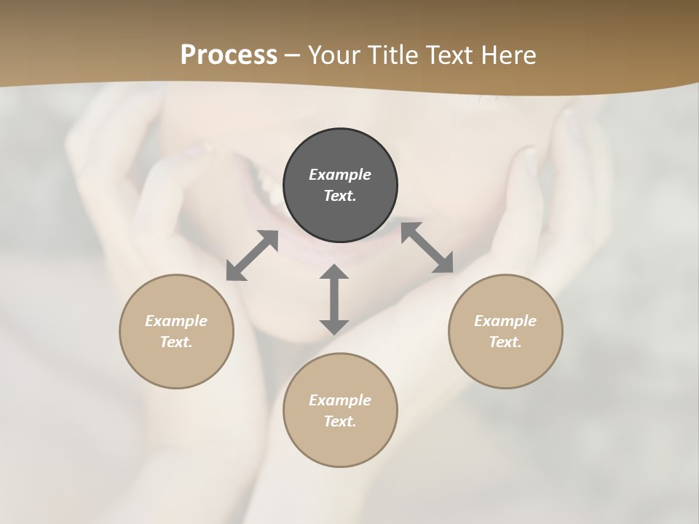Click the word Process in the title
tap(229, 55)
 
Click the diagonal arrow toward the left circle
tap(252, 255)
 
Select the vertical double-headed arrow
tap(334, 299)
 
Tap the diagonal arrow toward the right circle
tap(427, 248)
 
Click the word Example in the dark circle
tap(340, 175)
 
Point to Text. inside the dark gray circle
tap(340, 196)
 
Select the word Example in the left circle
tap(176, 321)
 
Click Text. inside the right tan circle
tap(505, 342)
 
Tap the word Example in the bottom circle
tap(340, 400)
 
